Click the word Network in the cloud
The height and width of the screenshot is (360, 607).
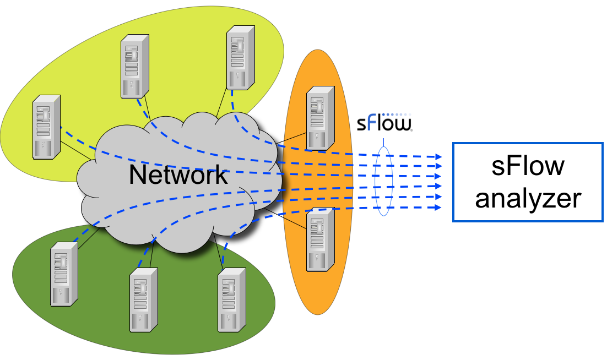177,175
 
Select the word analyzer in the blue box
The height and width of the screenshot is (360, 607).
528,198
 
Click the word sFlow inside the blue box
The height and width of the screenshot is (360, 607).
528,166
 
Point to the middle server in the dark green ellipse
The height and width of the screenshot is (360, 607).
144,299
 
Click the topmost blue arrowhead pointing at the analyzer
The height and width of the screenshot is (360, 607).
438,157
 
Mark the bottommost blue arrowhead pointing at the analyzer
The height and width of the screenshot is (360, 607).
438,208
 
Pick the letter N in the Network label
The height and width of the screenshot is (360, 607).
137,175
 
